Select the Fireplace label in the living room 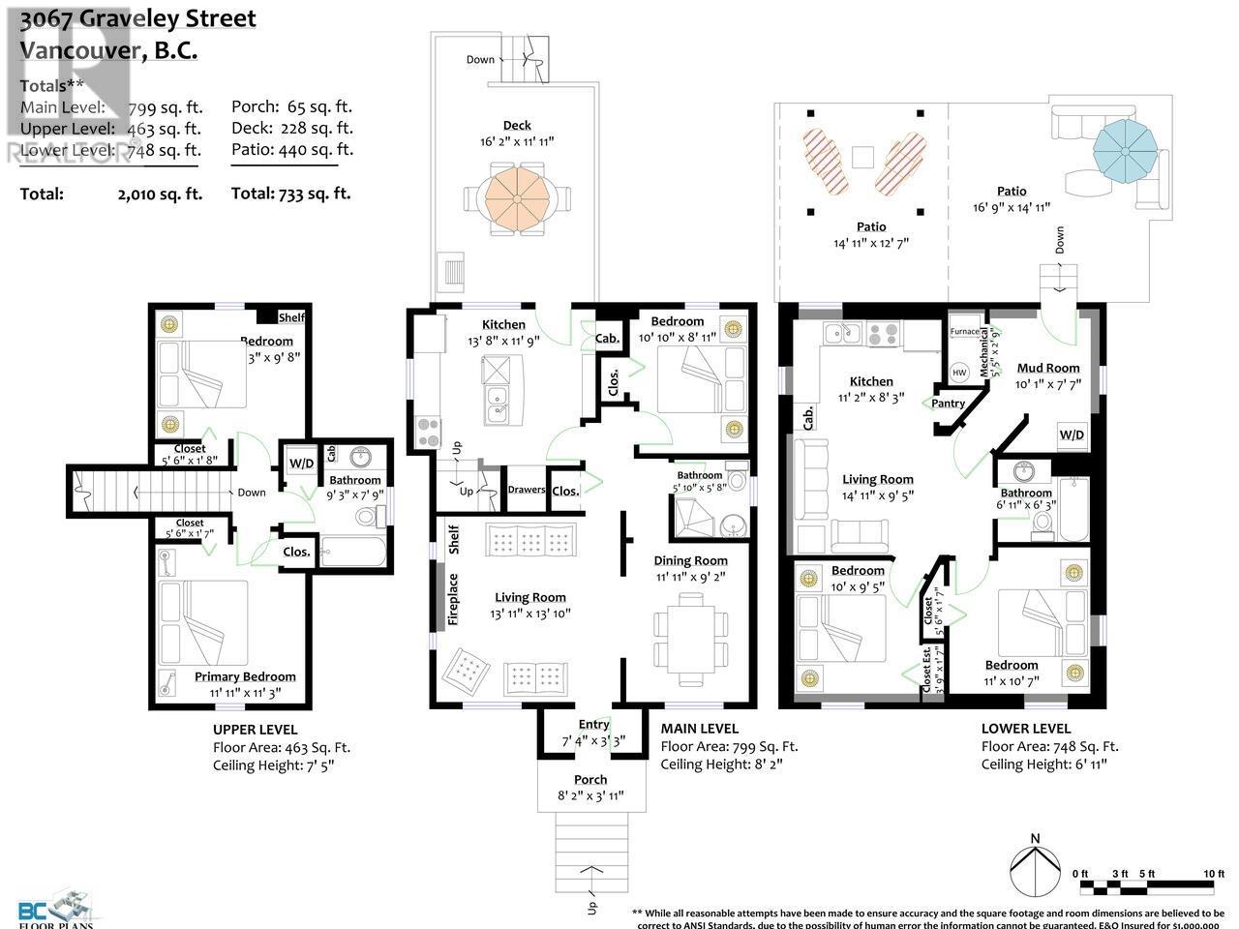click(x=453, y=599)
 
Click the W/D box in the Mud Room click(x=1072, y=435)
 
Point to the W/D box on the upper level click(x=301, y=464)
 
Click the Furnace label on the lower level click(x=964, y=331)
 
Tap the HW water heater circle click(x=959, y=373)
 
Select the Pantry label click(x=949, y=403)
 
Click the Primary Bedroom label click(x=245, y=676)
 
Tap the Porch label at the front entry click(x=590, y=779)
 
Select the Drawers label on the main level click(x=527, y=490)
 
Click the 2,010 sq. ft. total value click(x=160, y=194)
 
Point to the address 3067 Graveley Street click(x=138, y=18)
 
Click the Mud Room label click(x=1047, y=368)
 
